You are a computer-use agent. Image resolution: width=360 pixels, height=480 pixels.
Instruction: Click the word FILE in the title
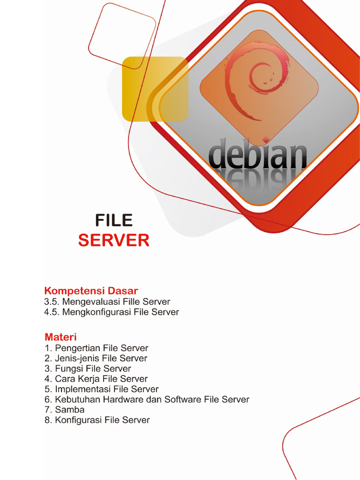(x=114, y=220)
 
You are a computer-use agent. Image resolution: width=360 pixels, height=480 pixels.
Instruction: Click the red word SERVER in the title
(x=114, y=240)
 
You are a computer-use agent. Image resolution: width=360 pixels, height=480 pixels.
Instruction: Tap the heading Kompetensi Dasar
(x=91, y=291)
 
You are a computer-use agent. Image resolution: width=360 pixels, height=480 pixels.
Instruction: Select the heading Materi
(x=60, y=337)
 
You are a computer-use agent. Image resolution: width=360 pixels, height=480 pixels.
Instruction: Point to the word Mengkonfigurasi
(x=97, y=312)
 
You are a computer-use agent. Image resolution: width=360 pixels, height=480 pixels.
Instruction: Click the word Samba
(x=70, y=410)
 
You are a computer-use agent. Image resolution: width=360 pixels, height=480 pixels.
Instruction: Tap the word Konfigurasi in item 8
(x=78, y=420)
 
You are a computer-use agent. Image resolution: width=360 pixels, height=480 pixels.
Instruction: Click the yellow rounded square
(x=150, y=89)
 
